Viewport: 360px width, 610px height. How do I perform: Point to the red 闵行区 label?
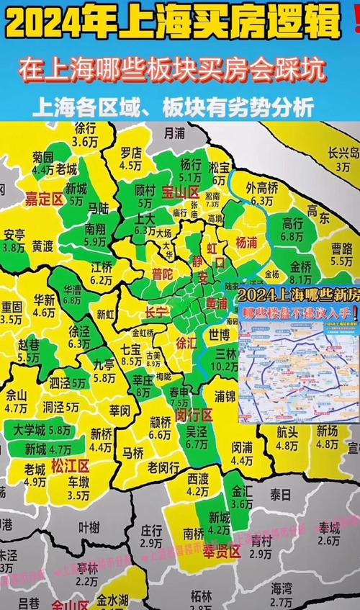pyautogui.click(x=194, y=416)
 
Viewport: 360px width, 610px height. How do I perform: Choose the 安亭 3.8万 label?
pyautogui.click(x=14, y=241)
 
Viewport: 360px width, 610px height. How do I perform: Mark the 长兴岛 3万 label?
pyautogui.click(x=343, y=158)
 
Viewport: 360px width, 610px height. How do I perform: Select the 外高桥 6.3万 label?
pyautogui.click(x=260, y=194)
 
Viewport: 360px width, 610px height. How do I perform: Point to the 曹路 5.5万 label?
pyautogui.click(x=341, y=254)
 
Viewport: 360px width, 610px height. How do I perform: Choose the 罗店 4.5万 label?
pyautogui.click(x=130, y=158)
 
